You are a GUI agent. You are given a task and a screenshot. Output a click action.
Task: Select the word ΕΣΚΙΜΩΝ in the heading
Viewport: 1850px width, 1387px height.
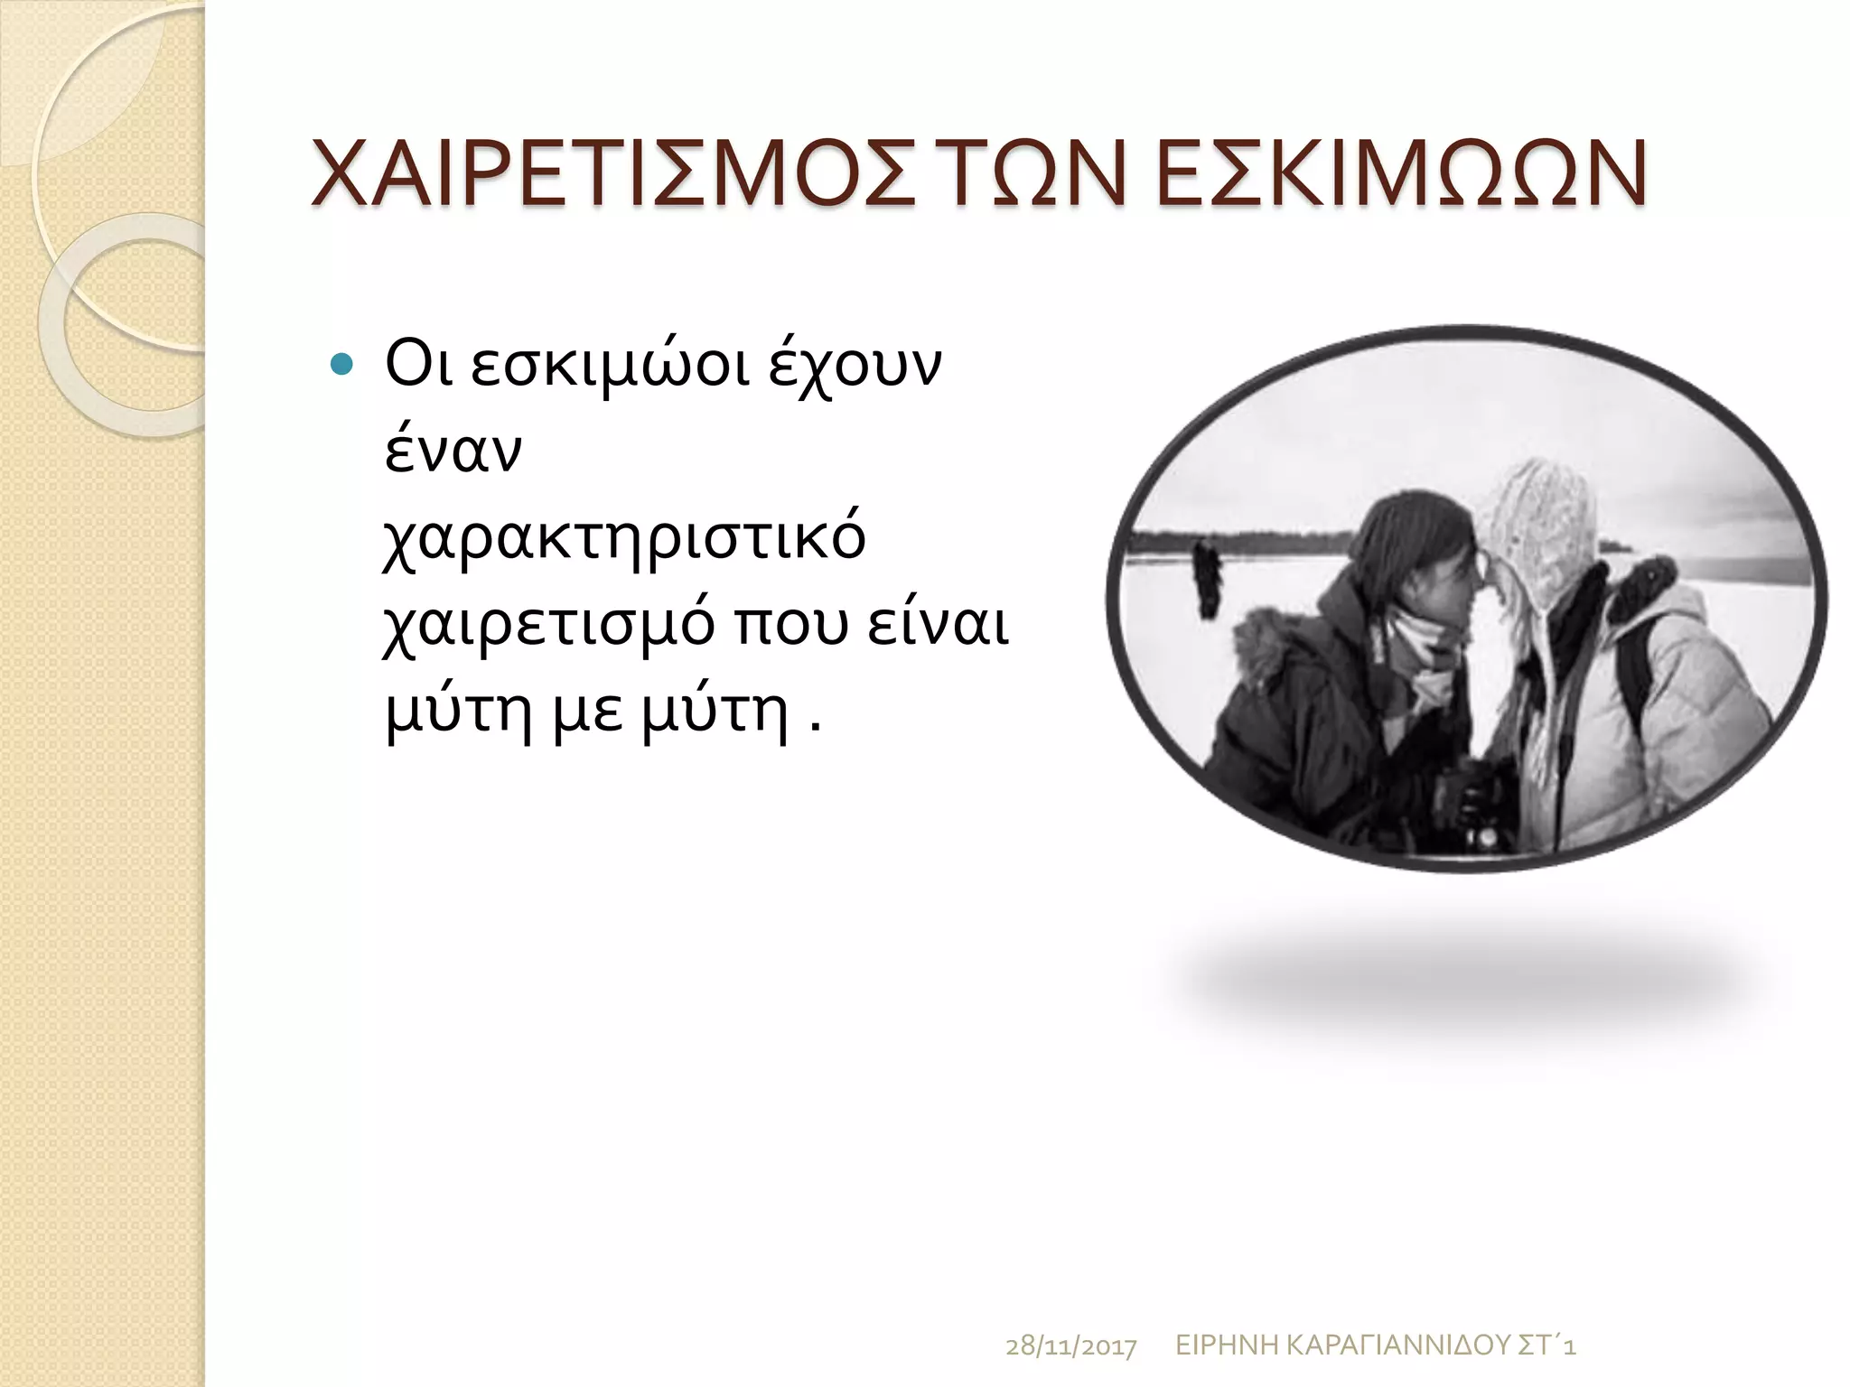(x=1401, y=173)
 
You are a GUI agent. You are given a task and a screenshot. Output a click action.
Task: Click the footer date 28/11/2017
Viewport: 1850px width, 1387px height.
(x=1070, y=1347)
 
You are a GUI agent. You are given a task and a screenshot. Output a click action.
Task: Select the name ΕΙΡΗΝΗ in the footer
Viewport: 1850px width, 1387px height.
(x=1226, y=1345)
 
